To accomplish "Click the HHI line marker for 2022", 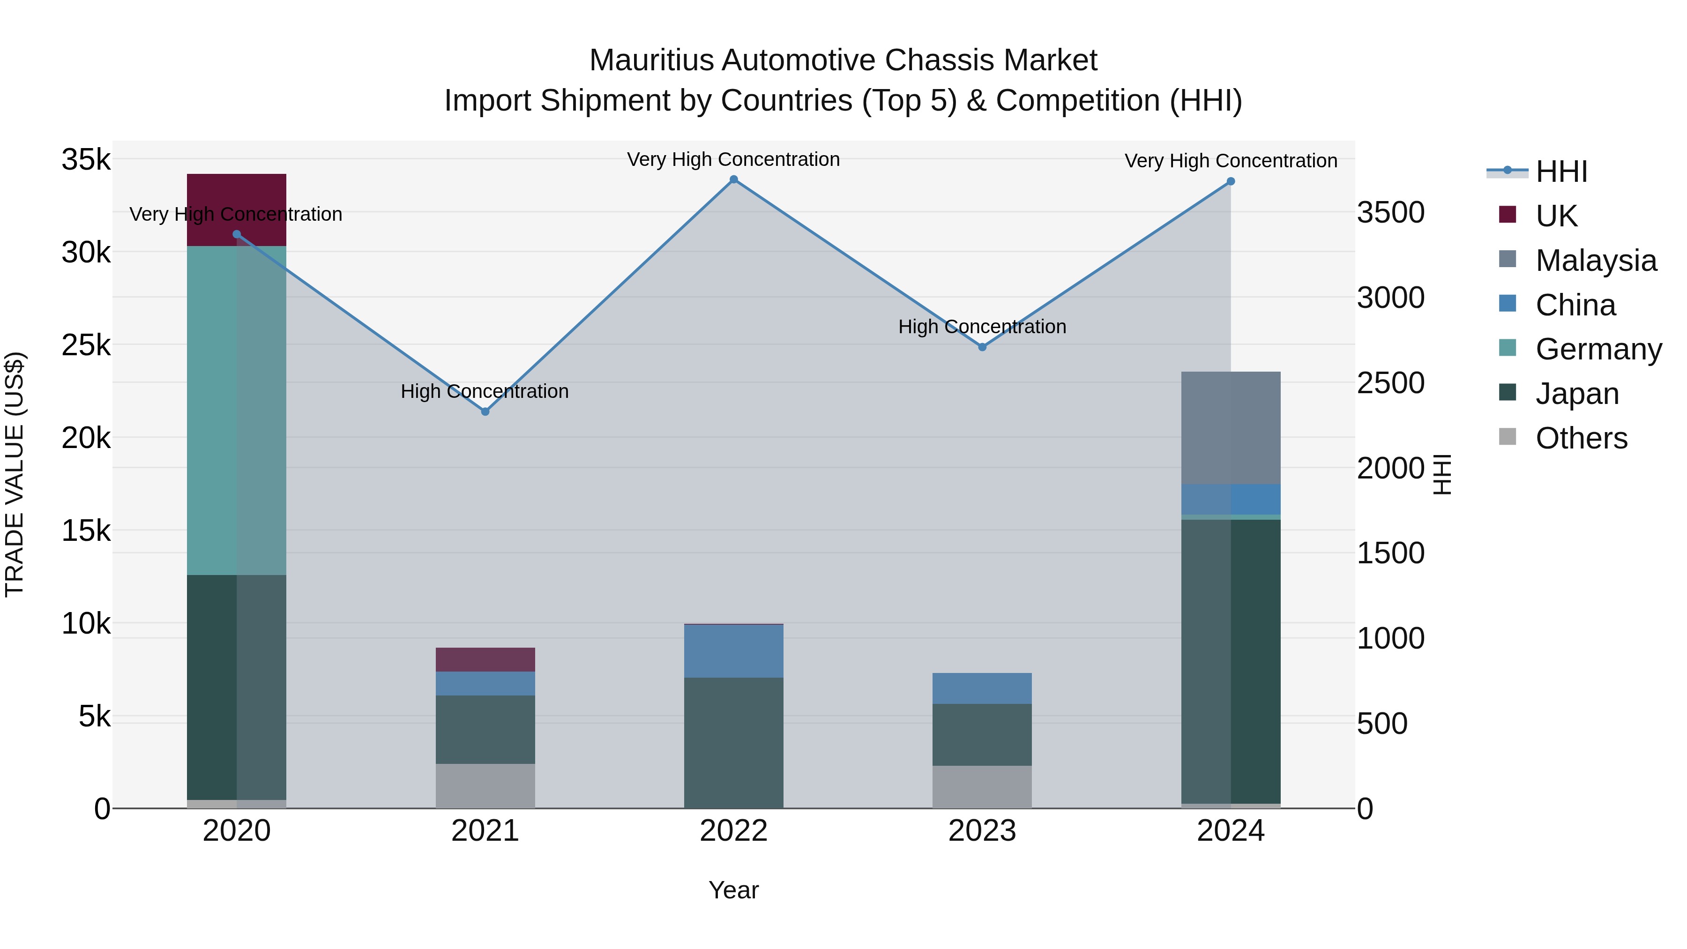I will coord(733,179).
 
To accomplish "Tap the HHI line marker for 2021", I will coord(485,411).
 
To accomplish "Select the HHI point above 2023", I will coord(982,347).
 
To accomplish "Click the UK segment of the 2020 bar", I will coord(237,209).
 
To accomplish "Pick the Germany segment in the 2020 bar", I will coord(237,411).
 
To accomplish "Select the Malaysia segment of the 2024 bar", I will coord(1231,428).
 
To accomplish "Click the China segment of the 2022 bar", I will coord(733,651).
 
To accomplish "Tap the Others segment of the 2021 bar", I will coord(485,785).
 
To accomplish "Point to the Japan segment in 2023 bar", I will coord(982,734).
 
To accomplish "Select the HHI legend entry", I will coord(1561,172).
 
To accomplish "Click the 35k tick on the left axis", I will coord(86,160).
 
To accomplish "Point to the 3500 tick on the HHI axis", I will coord(1390,213).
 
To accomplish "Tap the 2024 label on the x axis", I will coord(1231,830).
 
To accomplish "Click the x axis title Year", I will coord(733,890).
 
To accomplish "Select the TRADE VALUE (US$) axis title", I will coord(15,474).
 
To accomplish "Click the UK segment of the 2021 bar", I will coord(485,659).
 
